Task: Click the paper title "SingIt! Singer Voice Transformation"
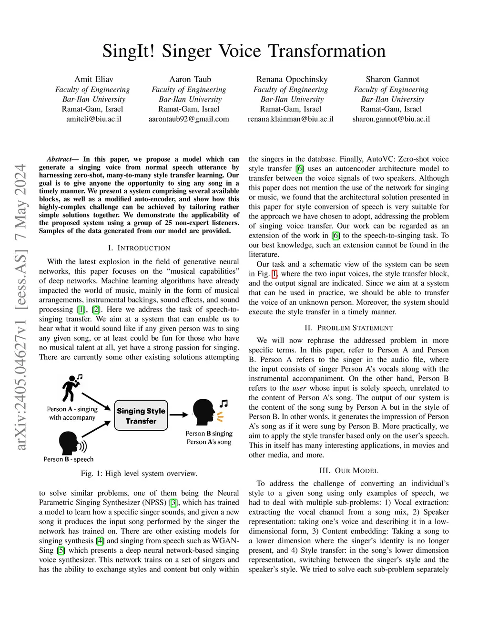click(244, 51)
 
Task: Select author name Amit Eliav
click(94, 79)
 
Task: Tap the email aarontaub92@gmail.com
click(189, 119)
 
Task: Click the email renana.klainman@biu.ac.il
click(290, 119)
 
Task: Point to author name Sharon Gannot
click(392, 79)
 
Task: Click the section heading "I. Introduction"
click(139, 248)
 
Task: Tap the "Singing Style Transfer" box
click(141, 415)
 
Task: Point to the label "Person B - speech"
click(69, 459)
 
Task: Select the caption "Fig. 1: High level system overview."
click(139, 474)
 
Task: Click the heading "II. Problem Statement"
click(348, 328)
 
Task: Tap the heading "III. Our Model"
click(348, 471)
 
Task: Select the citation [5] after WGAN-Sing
click(61, 550)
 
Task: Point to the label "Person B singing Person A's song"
click(209, 438)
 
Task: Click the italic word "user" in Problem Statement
click(299, 388)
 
